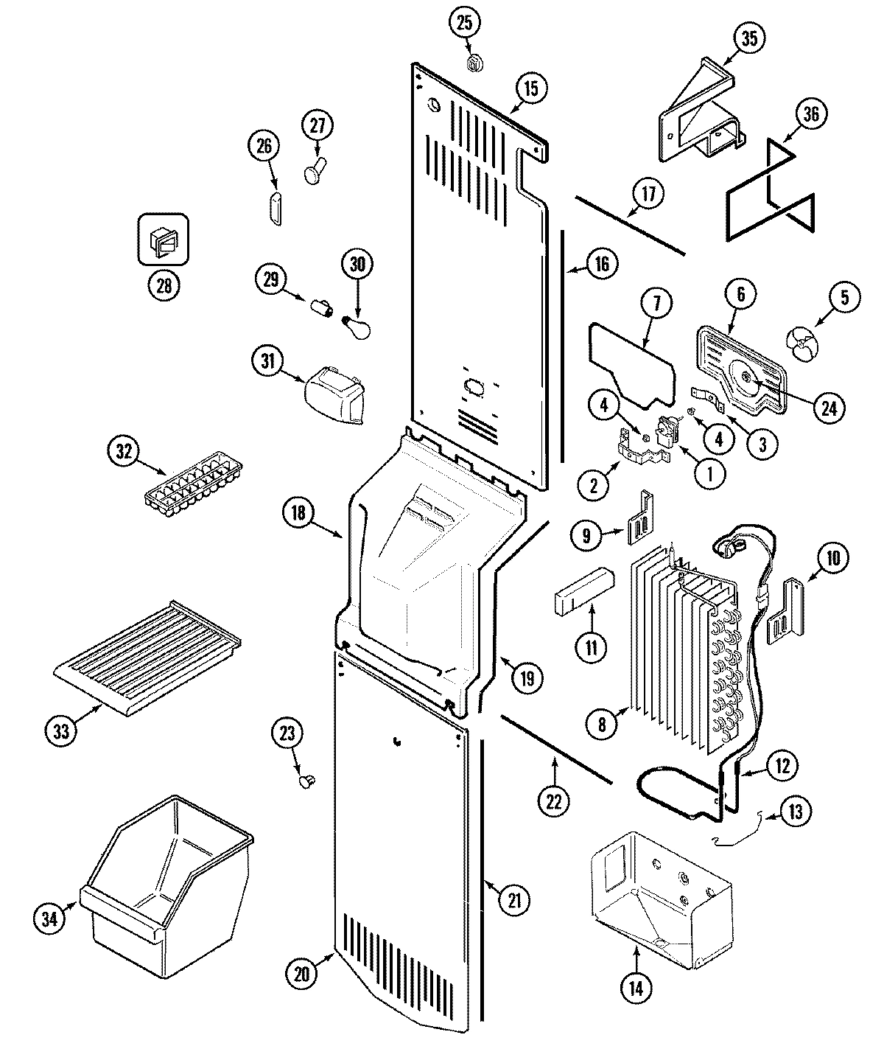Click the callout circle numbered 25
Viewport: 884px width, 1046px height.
(x=463, y=23)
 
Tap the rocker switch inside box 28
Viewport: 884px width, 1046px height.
(x=164, y=240)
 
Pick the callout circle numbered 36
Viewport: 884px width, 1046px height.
(x=810, y=115)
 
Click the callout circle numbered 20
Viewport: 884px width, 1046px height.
(x=302, y=972)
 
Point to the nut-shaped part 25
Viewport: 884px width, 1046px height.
(x=475, y=63)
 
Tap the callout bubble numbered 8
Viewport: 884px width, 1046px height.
(x=602, y=724)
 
